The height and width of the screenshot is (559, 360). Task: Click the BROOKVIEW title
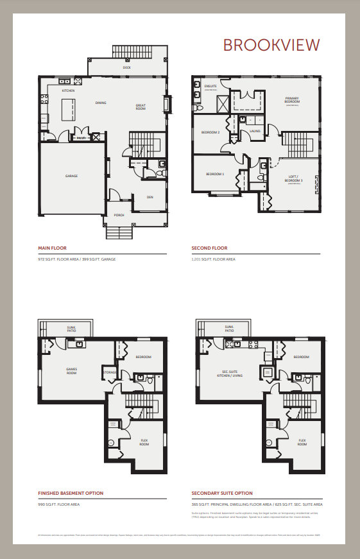click(271, 44)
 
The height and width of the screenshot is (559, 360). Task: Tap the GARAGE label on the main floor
click(71, 175)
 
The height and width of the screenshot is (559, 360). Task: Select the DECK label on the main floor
click(126, 67)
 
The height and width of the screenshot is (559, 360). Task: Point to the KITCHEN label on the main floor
click(68, 91)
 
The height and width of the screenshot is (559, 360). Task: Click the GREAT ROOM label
click(141, 107)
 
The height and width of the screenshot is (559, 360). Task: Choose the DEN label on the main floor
click(150, 197)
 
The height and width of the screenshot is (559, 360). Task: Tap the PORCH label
click(119, 215)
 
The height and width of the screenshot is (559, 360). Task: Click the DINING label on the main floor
click(101, 103)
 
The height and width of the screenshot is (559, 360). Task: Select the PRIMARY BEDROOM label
click(292, 100)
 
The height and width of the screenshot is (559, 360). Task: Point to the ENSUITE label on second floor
click(210, 85)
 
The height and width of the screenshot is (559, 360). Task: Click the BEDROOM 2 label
click(210, 132)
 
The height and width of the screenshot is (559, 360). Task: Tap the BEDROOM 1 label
click(215, 174)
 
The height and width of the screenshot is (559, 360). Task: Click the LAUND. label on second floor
click(254, 130)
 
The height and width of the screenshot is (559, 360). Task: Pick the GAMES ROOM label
click(72, 370)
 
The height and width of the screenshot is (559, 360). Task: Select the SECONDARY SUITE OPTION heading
click(222, 494)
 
